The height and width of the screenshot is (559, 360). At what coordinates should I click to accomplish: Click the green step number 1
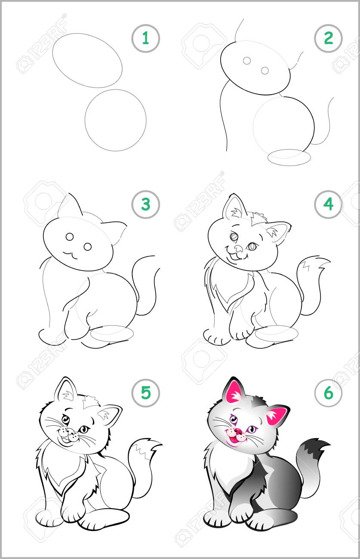(145, 38)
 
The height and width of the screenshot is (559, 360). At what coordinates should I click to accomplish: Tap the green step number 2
(328, 38)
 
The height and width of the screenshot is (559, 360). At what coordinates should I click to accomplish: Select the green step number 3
(145, 204)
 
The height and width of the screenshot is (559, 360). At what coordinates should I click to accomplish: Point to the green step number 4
(328, 204)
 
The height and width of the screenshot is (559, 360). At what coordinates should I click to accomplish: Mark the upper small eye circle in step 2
(246, 61)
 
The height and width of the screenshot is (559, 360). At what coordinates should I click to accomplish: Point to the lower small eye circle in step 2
(265, 71)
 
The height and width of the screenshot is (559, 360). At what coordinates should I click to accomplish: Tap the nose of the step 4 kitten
(238, 248)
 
